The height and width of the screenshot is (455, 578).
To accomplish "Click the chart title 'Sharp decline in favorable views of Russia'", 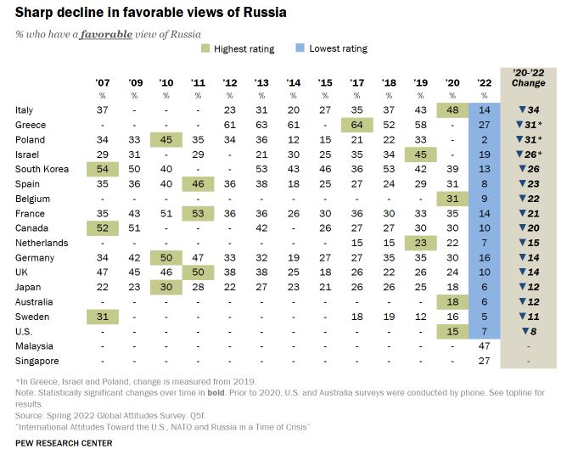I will (151, 13).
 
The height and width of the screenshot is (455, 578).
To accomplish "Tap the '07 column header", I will (104, 82).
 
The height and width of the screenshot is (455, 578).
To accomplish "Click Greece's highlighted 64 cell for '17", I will (358, 125).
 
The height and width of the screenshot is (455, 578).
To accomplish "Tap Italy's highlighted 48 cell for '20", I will (452, 110).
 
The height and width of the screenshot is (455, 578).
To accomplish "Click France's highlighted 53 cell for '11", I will (199, 214).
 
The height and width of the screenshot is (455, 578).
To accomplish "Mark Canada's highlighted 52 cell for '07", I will (104, 228).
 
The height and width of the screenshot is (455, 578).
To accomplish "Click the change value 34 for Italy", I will (533, 110).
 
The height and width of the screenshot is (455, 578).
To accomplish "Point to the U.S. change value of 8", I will (533, 331).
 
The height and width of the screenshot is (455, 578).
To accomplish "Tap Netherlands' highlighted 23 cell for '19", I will (421, 244).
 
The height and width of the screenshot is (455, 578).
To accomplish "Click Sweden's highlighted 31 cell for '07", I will (104, 317).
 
